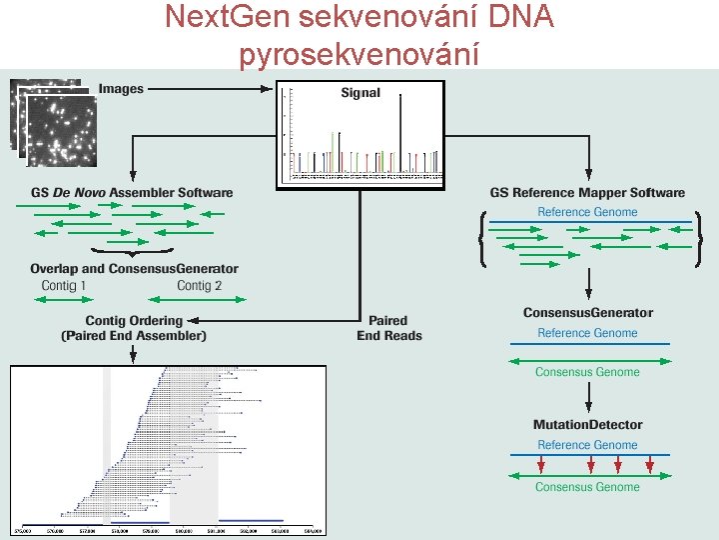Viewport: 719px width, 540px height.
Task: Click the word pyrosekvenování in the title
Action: pos(359,53)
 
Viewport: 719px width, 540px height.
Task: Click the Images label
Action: pos(121,89)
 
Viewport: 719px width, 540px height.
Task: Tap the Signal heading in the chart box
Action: pos(360,93)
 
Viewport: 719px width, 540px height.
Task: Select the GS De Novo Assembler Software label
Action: pos(132,193)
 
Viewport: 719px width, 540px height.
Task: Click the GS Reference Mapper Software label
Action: pos(587,193)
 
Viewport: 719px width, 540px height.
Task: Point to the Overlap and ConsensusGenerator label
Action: pos(134,269)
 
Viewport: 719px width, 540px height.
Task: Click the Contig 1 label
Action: pos(64,286)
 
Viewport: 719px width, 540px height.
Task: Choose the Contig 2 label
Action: pos(199,286)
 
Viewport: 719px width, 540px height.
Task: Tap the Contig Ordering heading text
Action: pos(134,321)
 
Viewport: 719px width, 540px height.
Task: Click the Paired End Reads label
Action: pos(389,328)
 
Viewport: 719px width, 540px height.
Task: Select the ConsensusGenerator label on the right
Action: pos(587,313)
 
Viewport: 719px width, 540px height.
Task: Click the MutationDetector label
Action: pos(587,425)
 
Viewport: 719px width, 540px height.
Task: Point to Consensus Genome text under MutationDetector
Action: pos(587,487)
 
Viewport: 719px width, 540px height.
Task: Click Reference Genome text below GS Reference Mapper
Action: pos(587,212)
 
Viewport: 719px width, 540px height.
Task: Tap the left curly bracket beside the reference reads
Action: pos(483,240)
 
